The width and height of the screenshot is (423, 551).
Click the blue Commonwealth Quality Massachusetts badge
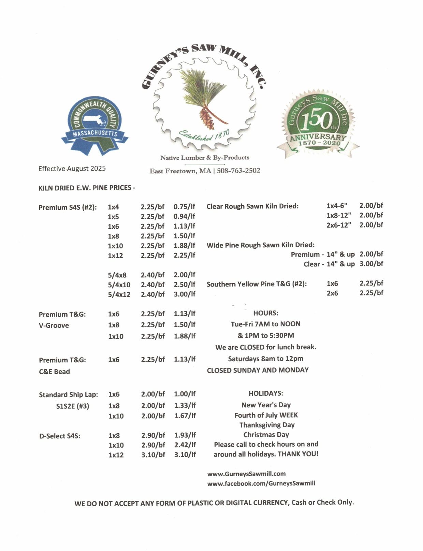[94, 125]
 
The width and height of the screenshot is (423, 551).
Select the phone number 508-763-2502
[238, 171]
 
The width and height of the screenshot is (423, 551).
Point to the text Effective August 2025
[72, 169]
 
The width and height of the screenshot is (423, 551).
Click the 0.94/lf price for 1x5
[184, 217]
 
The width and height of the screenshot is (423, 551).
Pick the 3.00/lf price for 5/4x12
[185, 294]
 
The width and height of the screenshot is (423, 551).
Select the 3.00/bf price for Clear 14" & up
[371, 264]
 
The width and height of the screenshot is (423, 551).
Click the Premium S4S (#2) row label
[68, 207]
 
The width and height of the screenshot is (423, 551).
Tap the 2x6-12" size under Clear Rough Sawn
[339, 225]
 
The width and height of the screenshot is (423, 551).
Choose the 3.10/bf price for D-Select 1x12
[153, 455]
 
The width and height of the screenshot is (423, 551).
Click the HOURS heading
[266, 313]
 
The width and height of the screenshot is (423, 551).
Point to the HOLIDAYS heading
[266, 393]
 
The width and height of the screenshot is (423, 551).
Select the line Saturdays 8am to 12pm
[266, 359]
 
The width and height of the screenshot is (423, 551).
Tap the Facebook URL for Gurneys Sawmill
[261, 483]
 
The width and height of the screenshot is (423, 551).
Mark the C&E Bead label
[54, 372]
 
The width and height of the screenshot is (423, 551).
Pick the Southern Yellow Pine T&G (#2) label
[257, 284]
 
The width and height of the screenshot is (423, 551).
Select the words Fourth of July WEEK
[266, 415]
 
